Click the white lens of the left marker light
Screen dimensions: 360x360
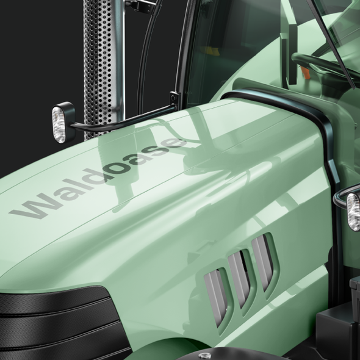59,124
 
